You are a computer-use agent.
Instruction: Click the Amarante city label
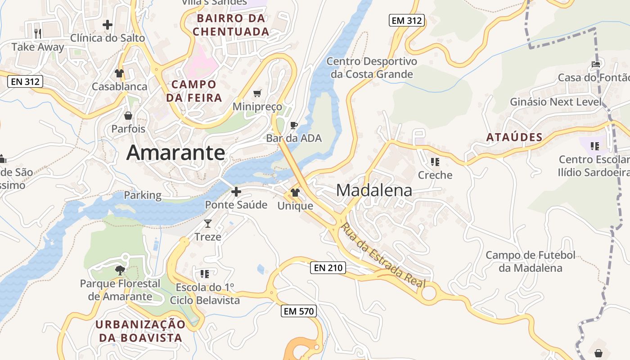pyautogui.click(x=175, y=153)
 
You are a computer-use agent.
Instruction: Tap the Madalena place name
pyautogui.click(x=374, y=190)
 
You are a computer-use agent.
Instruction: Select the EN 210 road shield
pyautogui.click(x=328, y=268)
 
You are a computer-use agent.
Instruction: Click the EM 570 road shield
pyautogui.click(x=299, y=311)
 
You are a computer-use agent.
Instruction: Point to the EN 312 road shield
pyautogui.click(x=25, y=81)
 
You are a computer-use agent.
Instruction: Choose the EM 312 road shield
pyautogui.click(x=407, y=20)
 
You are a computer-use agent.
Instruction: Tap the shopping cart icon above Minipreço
pyautogui.click(x=257, y=93)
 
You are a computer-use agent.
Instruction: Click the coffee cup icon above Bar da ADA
pyautogui.click(x=294, y=125)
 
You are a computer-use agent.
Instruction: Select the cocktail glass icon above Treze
pyautogui.click(x=207, y=224)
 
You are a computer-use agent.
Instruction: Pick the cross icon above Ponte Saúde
pyautogui.click(x=236, y=192)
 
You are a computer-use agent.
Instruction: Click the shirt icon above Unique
pyautogui.click(x=295, y=193)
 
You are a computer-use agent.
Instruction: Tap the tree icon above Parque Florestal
pyautogui.click(x=120, y=270)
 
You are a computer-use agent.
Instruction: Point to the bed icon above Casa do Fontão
pyautogui.click(x=596, y=64)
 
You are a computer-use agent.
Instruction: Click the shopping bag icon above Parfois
pyautogui.click(x=128, y=116)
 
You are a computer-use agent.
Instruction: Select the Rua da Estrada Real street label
pyautogui.click(x=383, y=255)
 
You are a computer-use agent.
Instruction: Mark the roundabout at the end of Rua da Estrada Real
pyautogui.click(x=429, y=293)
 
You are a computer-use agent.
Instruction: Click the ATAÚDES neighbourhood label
pyautogui.click(x=514, y=138)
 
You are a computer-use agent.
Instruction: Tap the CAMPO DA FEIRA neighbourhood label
pyautogui.click(x=194, y=91)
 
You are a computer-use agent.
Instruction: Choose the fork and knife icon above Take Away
pyautogui.click(x=38, y=33)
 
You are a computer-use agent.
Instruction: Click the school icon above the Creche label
pyautogui.click(x=435, y=162)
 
